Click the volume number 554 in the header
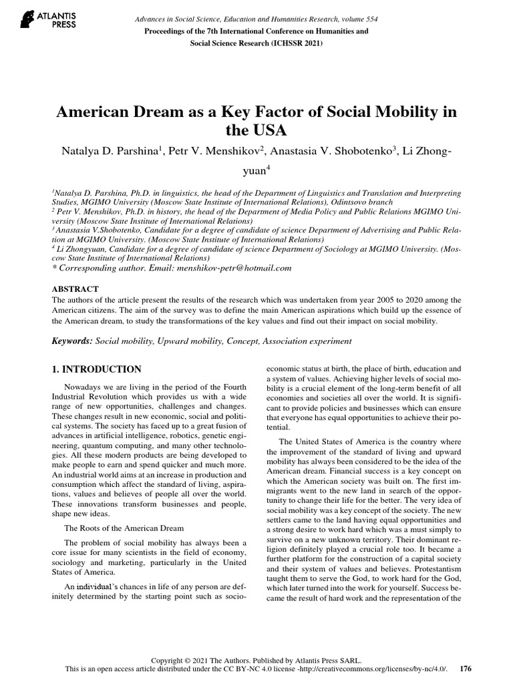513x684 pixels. (x=369, y=19)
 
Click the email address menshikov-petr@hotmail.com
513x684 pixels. (x=233, y=267)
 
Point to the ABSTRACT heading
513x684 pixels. (x=75, y=289)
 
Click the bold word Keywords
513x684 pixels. (x=72, y=341)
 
